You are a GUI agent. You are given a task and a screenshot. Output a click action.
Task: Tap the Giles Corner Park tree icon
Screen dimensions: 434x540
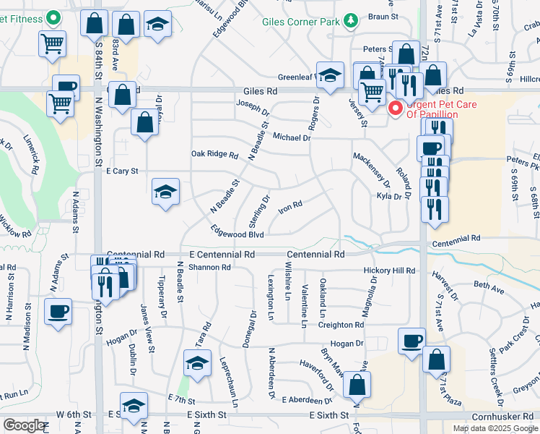(350, 20)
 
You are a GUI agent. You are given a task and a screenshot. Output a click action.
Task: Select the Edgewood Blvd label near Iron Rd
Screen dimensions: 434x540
(237, 233)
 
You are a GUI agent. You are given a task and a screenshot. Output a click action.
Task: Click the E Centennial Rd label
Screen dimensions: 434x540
(222, 255)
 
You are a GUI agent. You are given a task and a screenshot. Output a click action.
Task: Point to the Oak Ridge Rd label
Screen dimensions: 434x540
(214, 155)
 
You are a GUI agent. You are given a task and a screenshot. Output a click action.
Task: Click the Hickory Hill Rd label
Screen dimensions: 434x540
(390, 271)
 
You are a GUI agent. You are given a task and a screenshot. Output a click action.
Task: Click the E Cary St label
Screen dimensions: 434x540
(121, 171)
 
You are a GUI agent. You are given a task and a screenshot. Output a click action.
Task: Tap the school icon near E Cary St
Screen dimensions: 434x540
(165, 192)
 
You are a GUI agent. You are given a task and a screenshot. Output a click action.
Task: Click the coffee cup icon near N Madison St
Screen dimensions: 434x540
(58, 312)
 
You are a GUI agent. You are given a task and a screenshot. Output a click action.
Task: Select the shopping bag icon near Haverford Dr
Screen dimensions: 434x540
(357, 384)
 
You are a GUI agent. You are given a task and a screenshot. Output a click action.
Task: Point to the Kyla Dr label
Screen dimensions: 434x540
(388, 196)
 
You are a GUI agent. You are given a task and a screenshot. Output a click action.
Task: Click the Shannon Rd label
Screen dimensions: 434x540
(209, 267)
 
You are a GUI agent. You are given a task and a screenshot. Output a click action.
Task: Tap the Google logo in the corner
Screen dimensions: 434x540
(23, 425)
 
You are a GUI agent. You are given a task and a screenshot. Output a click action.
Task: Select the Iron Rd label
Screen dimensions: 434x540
(290, 207)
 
